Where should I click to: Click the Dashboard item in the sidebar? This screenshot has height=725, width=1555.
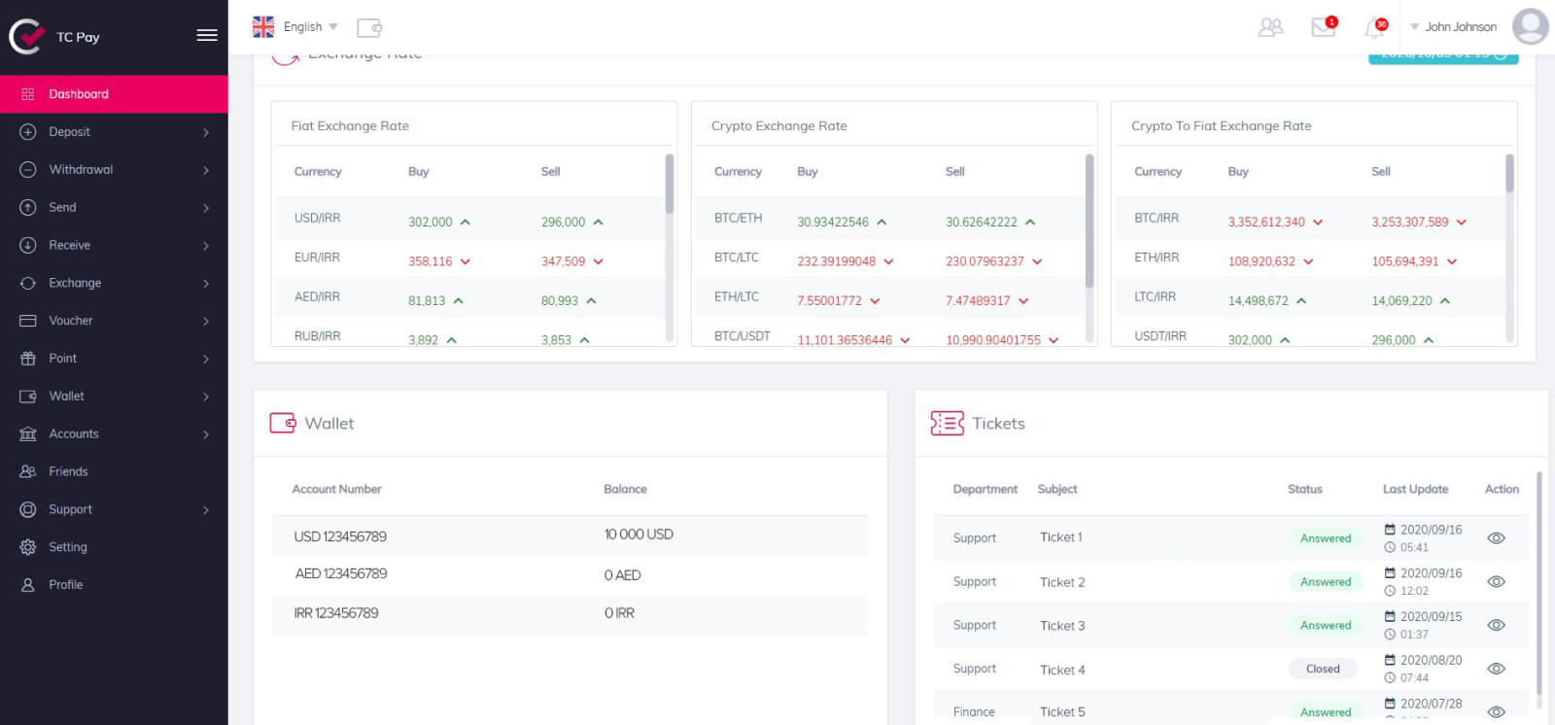[79, 94]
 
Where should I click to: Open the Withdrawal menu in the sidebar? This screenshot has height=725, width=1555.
[81, 170]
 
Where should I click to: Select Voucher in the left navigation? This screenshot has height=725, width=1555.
[71, 321]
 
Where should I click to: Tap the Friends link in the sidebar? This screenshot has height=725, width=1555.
[68, 471]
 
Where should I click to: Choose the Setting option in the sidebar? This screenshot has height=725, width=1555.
[68, 547]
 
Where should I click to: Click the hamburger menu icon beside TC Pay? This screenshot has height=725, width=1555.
[207, 36]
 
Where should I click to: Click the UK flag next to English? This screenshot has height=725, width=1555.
[263, 27]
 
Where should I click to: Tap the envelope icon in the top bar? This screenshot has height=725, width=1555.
[1323, 27]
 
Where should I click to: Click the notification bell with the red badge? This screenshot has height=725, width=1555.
[1374, 28]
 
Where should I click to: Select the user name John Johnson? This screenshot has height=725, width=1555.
[1461, 27]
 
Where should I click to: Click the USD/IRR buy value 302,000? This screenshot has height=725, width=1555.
[431, 223]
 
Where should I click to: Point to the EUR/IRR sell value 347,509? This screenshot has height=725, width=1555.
[563, 261]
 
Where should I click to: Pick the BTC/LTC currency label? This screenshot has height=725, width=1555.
[737, 258]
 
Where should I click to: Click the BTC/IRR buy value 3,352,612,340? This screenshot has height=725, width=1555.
[1266, 223]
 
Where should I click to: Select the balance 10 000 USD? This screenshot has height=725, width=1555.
[639, 535]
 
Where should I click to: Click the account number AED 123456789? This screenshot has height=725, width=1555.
[341, 574]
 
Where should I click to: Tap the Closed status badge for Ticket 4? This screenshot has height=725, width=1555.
[1323, 669]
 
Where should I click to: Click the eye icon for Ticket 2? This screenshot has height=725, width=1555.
[1497, 582]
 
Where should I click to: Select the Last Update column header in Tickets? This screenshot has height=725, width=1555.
[1415, 489]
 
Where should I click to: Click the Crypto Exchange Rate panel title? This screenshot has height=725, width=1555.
[779, 126]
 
